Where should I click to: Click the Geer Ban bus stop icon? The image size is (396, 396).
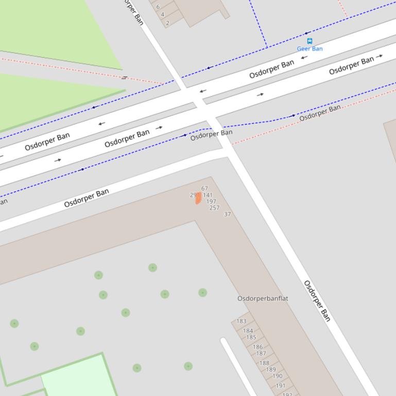click(309, 41)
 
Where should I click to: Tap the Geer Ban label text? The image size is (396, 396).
click(309, 49)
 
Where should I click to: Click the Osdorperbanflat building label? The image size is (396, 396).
click(263, 298)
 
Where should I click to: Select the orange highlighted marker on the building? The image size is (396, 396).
click(198, 198)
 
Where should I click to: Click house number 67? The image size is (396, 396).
click(204, 189)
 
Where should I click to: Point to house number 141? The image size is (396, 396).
click(208, 195)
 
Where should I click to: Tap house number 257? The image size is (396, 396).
click(214, 208)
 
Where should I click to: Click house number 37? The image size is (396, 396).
click(227, 214)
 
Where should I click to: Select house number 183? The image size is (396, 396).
click(241, 321)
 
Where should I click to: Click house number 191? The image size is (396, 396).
click(280, 386)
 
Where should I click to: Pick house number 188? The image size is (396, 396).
click(264, 363)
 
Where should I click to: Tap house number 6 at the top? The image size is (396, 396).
click(158, 7)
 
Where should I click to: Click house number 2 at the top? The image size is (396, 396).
click(167, 23)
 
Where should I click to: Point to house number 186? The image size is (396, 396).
click(257, 347)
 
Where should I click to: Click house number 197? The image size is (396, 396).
click(211, 202)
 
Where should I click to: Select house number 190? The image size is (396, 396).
click(277, 376)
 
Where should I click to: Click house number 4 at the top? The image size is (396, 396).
click(162, 15)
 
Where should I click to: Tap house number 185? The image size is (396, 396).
click(251, 337)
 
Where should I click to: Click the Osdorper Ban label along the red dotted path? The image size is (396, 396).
click(320, 113)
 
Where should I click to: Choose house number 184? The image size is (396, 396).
click(248, 331)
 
